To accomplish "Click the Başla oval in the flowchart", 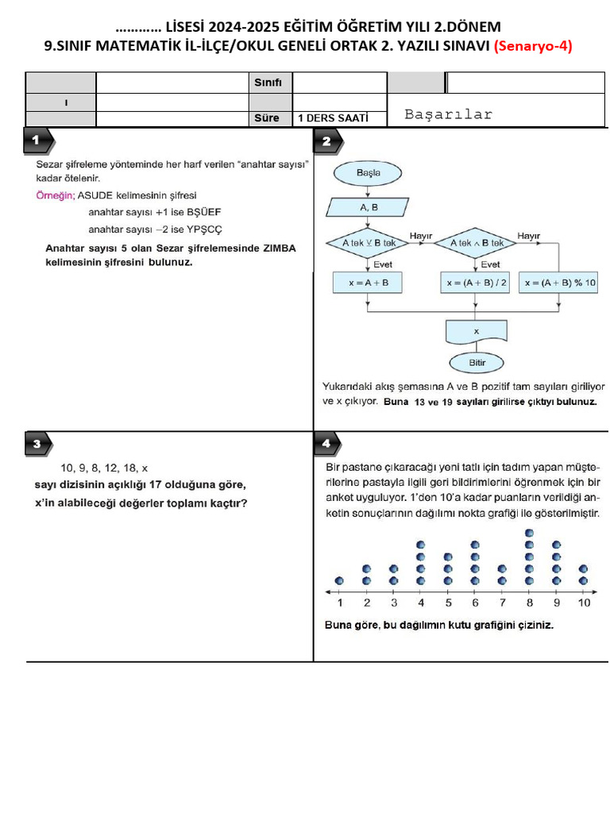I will click(368, 172).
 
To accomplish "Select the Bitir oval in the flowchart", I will click(477, 363).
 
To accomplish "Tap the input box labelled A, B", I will click(368, 207).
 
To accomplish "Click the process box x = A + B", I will click(367, 283).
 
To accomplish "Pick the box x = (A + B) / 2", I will click(477, 283).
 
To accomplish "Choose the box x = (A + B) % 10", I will click(559, 283).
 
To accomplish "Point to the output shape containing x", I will click(477, 330).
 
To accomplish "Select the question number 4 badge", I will click(326, 444).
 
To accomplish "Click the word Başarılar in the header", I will click(448, 114).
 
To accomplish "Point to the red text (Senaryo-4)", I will click(533, 46).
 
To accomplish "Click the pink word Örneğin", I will click(55, 195).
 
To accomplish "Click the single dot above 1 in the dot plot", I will click(339, 580).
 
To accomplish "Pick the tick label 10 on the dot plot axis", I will click(584, 603).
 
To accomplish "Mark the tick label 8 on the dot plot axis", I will click(530, 603).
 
